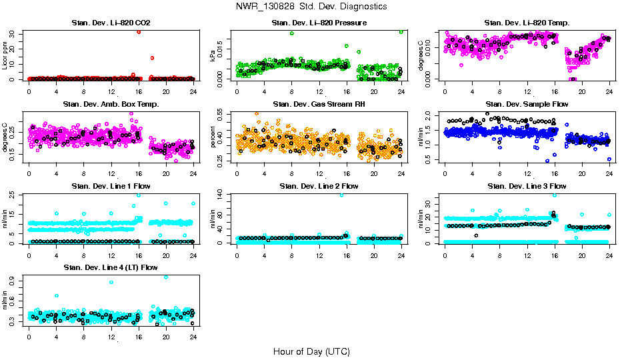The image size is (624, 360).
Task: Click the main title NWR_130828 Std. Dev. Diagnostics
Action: click(311, 6)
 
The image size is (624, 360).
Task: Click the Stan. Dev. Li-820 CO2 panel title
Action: click(111, 23)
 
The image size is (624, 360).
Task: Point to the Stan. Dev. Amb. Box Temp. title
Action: click(111, 105)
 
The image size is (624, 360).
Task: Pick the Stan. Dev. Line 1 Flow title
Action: click(111, 186)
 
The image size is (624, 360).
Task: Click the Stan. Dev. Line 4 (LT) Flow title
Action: click(111, 267)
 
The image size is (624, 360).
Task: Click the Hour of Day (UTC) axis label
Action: click(311, 351)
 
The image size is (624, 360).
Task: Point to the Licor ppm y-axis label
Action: click(5, 56)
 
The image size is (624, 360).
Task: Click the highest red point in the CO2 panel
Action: click(139, 31)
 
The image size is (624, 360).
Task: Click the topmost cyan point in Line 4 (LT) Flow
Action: click(166, 277)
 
